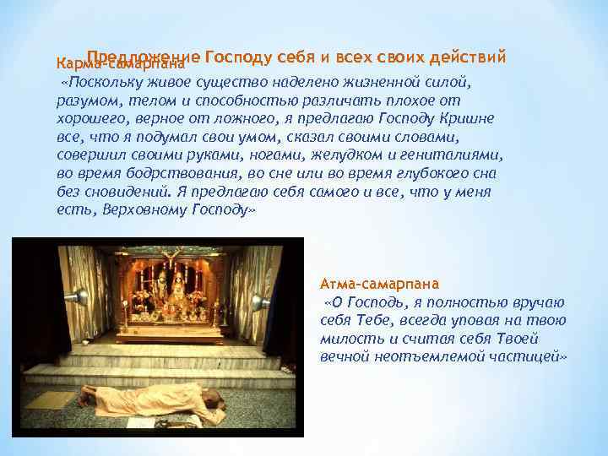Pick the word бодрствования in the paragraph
coord(160,174)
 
